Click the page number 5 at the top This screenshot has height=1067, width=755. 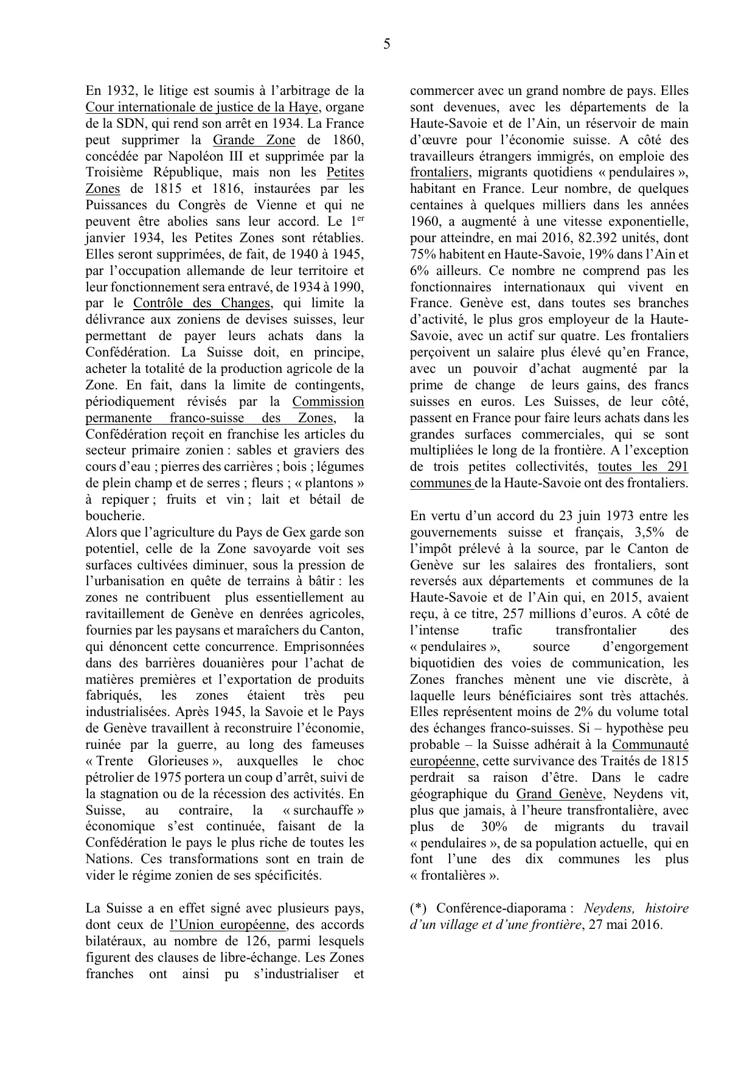[387, 44]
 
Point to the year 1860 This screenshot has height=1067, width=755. [349, 141]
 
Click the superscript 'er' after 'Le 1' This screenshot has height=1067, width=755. [360, 218]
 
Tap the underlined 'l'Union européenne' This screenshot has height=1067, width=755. [228, 925]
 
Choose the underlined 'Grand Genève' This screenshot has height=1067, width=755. [559, 794]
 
